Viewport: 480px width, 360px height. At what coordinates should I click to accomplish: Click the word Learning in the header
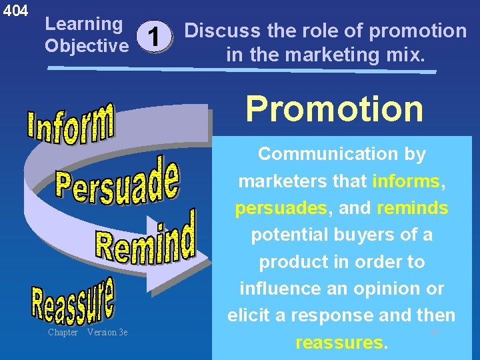83,25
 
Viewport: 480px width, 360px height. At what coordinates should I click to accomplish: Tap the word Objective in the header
86,45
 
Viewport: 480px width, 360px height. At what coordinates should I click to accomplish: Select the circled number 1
154,37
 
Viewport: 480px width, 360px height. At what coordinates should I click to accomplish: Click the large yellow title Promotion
334,108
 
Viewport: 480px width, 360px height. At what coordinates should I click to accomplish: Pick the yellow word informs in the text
406,181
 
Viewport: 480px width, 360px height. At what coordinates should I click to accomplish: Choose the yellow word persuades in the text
281,208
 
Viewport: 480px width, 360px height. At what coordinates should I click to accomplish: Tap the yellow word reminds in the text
412,208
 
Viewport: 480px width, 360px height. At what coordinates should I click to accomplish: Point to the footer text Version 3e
107,333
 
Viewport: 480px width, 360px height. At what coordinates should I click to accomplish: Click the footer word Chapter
63,333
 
